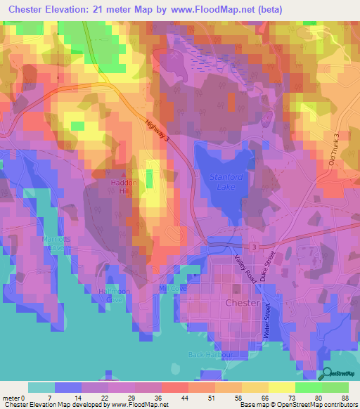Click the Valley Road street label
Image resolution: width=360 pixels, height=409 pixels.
coord(243,268)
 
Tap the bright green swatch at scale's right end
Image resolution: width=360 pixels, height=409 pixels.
coord(335,387)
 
